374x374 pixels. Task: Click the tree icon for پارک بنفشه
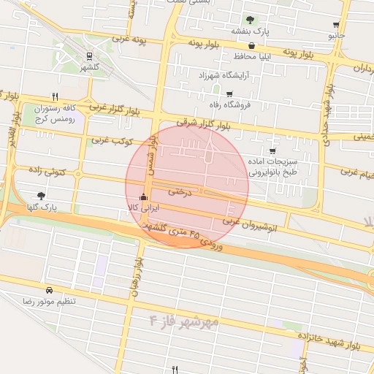click(251, 20)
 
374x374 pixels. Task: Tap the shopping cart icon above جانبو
click(335, 24)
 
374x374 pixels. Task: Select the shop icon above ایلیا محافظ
click(252, 45)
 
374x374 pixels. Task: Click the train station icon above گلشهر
click(89, 56)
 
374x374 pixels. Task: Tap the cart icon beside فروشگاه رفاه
click(229, 93)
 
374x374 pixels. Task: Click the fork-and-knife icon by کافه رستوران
click(55, 96)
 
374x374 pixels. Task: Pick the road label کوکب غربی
click(110, 139)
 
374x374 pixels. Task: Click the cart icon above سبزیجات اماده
click(272, 151)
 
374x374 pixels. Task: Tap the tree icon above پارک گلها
click(40, 196)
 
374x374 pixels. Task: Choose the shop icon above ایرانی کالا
click(143, 197)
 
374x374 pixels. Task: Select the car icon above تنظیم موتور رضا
click(49, 290)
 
